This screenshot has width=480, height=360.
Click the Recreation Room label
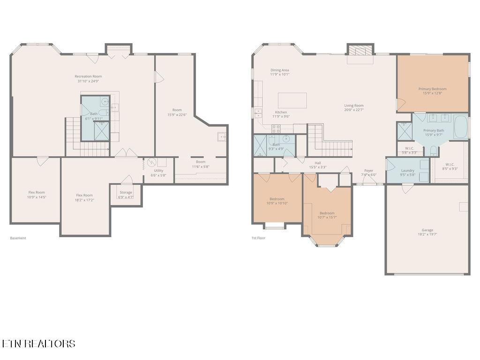[88, 76]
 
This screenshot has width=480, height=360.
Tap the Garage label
[427, 230]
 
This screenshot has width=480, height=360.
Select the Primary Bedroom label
[432, 89]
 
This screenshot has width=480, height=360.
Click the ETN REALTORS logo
[38, 344]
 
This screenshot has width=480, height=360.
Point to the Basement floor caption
[18, 238]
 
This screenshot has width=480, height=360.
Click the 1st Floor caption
[258, 238]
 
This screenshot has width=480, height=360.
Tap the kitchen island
[292, 100]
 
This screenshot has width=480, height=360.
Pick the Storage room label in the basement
[126, 193]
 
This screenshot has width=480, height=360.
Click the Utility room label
[158, 170]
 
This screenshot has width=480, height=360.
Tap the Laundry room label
[408, 170]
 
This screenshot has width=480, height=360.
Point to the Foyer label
[369, 170]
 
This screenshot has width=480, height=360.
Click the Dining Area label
[279, 70]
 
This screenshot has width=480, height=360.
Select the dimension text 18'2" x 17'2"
[85, 200]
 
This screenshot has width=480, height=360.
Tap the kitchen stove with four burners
[276, 128]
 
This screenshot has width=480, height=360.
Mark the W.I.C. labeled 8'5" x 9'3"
[450, 165]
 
